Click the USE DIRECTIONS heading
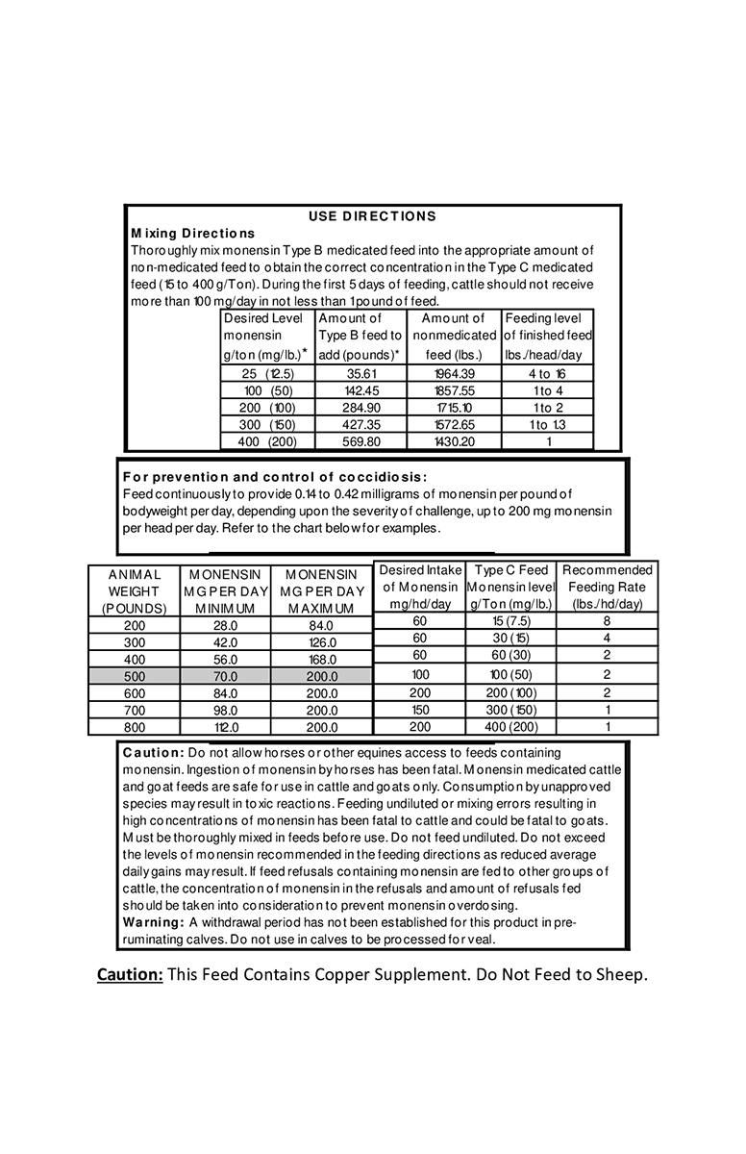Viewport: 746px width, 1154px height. (372, 216)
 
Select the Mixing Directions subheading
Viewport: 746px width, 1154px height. (192, 233)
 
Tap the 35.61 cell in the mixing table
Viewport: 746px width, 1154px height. (361, 373)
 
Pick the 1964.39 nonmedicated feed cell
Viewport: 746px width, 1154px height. (454, 373)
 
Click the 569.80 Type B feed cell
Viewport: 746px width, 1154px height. (361, 441)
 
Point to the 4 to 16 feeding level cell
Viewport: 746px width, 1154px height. (547, 373)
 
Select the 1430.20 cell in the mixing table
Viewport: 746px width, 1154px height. (454, 441)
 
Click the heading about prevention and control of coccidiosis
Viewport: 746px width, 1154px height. (275, 477)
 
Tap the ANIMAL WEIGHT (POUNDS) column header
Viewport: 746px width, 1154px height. (134, 590)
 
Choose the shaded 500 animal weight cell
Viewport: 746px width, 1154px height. (134, 676)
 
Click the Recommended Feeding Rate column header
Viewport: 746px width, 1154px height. (607, 587)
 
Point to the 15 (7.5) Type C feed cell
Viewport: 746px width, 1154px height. (510, 621)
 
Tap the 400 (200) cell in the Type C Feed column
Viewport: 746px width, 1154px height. (510, 727)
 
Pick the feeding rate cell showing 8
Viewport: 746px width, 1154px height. (607, 621)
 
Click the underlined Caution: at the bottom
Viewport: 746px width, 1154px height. (129, 974)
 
